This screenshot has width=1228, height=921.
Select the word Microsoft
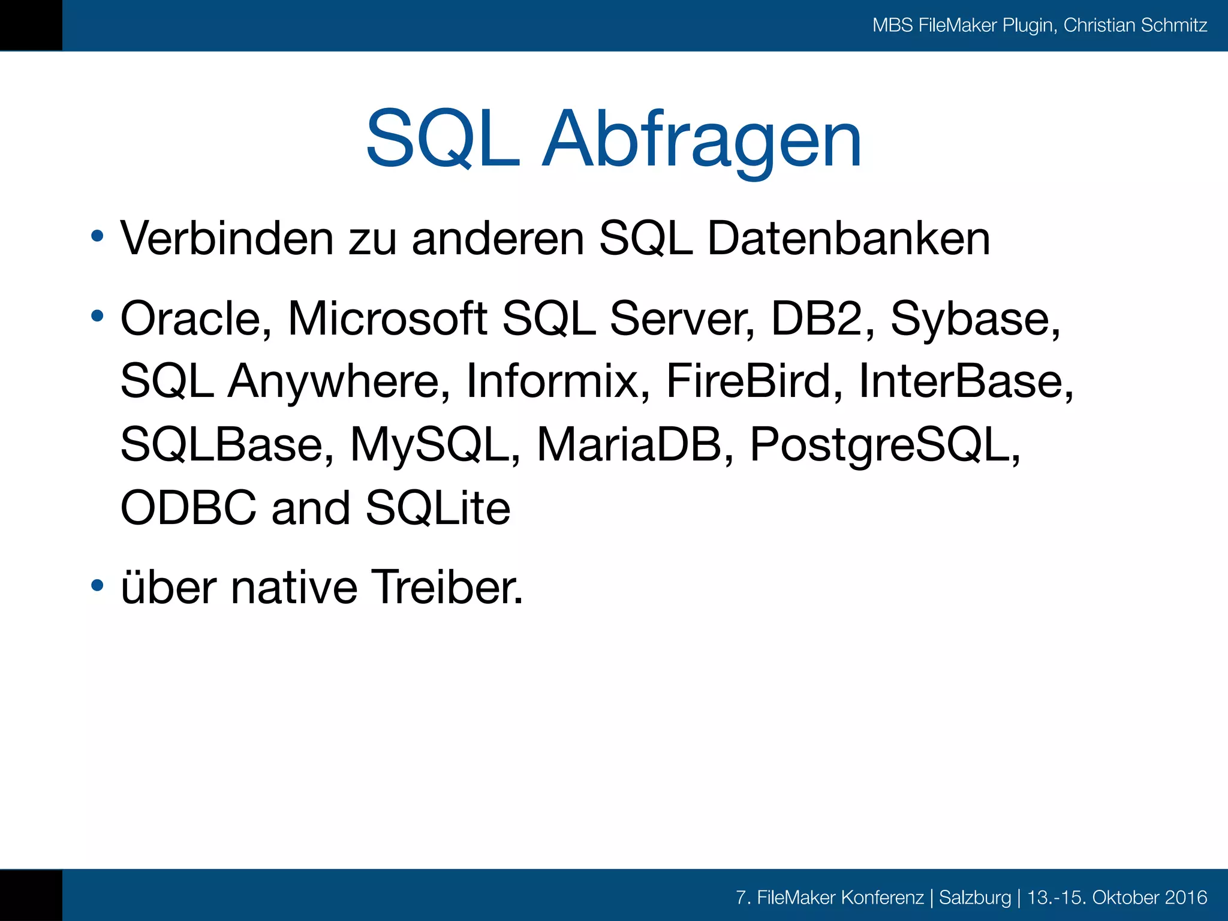pos(387,318)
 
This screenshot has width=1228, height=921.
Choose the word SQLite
pos(438,508)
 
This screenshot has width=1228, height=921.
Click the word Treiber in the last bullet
pos(447,587)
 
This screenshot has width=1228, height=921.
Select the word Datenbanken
pos(848,239)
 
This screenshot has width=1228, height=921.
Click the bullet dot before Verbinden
pos(97,236)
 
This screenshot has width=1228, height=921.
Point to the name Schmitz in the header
pos(1173,25)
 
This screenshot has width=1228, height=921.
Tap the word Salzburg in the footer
pos(975,897)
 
